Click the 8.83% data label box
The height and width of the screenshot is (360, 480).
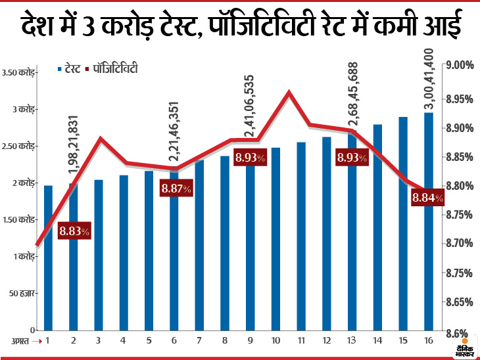pyautogui.click(x=74, y=231)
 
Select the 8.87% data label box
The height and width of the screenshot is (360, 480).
pyautogui.click(x=176, y=189)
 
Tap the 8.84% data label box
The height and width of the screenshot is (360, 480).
pyautogui.click(x=427, y=198)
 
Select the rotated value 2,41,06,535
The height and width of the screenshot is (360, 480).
pyautogui.click(x=251, y=106)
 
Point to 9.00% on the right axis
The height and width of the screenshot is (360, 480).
pyautogui.click(x=460, y=65)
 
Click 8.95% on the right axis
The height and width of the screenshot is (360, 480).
pyautogui.click(x=460, y=99)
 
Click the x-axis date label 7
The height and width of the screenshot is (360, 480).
pyautogui.click(x=200, y=341)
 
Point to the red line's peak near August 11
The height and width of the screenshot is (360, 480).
pyautogui.click(x=289, y=93)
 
